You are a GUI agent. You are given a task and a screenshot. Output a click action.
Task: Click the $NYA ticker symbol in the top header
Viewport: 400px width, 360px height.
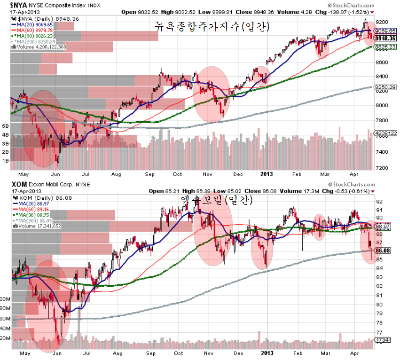pos(18,5)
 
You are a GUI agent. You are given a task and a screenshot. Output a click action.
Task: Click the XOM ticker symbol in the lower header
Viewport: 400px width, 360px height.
pos(19,184)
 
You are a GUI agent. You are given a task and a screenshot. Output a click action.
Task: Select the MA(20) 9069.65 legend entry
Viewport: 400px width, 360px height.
pos(32,25)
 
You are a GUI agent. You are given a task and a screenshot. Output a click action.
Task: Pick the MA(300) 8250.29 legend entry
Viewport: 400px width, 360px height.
pos(33,41)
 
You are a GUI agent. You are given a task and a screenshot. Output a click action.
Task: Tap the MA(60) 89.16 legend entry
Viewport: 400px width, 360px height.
pos(31,210)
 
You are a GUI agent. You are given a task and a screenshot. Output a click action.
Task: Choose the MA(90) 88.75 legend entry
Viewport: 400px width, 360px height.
pos(31,215)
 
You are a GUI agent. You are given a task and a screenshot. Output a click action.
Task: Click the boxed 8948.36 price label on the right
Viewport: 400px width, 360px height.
pos(385,38)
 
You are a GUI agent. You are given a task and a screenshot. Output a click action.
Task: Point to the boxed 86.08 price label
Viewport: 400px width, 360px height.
pos(383,250)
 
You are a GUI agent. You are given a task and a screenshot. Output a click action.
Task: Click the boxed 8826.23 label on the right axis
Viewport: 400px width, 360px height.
pos(385,47)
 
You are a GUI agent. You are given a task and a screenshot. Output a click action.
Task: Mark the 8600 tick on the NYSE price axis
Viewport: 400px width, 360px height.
pos(382,62)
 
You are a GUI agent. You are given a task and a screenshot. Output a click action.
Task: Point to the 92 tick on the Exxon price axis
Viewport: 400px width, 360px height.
pos(379,202)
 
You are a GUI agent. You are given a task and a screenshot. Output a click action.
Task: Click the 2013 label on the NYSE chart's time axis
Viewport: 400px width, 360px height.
pos(267,174)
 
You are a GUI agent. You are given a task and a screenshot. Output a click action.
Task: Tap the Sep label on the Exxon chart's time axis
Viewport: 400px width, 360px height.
pos(151,353)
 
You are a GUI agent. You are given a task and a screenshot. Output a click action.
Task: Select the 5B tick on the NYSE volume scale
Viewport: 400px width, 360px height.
pos(5,126)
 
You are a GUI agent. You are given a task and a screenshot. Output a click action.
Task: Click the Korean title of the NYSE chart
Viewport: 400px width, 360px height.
pos(212,26)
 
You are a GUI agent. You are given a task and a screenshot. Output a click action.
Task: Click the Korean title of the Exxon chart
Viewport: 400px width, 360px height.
pos(217,200)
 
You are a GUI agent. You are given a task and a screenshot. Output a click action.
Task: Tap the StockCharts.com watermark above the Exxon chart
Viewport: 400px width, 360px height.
pos(351,185)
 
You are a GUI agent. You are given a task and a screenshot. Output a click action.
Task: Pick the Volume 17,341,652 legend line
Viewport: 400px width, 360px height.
pos(37,226)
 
